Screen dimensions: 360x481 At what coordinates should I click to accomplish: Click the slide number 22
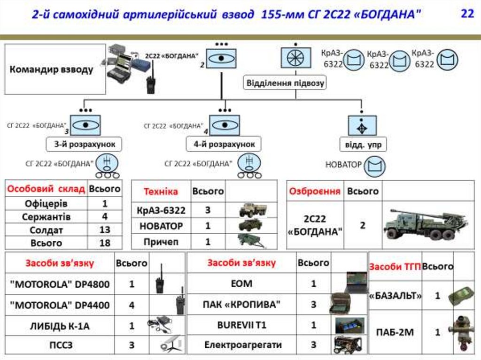coord(467,14)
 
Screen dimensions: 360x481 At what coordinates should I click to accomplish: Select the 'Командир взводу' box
coord(55,69)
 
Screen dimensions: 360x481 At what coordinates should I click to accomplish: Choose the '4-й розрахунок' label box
coord(224,144)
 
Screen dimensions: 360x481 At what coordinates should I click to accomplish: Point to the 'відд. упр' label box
coord(363,145)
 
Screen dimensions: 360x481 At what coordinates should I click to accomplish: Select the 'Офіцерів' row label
coord(46,204)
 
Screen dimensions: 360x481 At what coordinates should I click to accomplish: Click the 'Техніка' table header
coord(161,191)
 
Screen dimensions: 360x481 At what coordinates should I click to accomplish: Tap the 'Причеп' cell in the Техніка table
coord(161,242)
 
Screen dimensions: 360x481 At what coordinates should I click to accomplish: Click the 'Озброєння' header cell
coord(315,191)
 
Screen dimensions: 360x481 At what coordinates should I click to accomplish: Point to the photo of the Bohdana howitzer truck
coord(426,224)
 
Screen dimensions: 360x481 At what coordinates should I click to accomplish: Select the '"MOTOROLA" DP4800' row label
coord(60,284)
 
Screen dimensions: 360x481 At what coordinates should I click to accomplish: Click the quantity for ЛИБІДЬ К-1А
coord(132,325)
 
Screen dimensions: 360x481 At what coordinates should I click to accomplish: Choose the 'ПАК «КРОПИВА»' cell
coord(241,305)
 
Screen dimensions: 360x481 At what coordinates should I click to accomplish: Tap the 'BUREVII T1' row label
coord(241,325)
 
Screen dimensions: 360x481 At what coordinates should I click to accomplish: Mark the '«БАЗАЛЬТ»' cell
coord(396,296)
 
